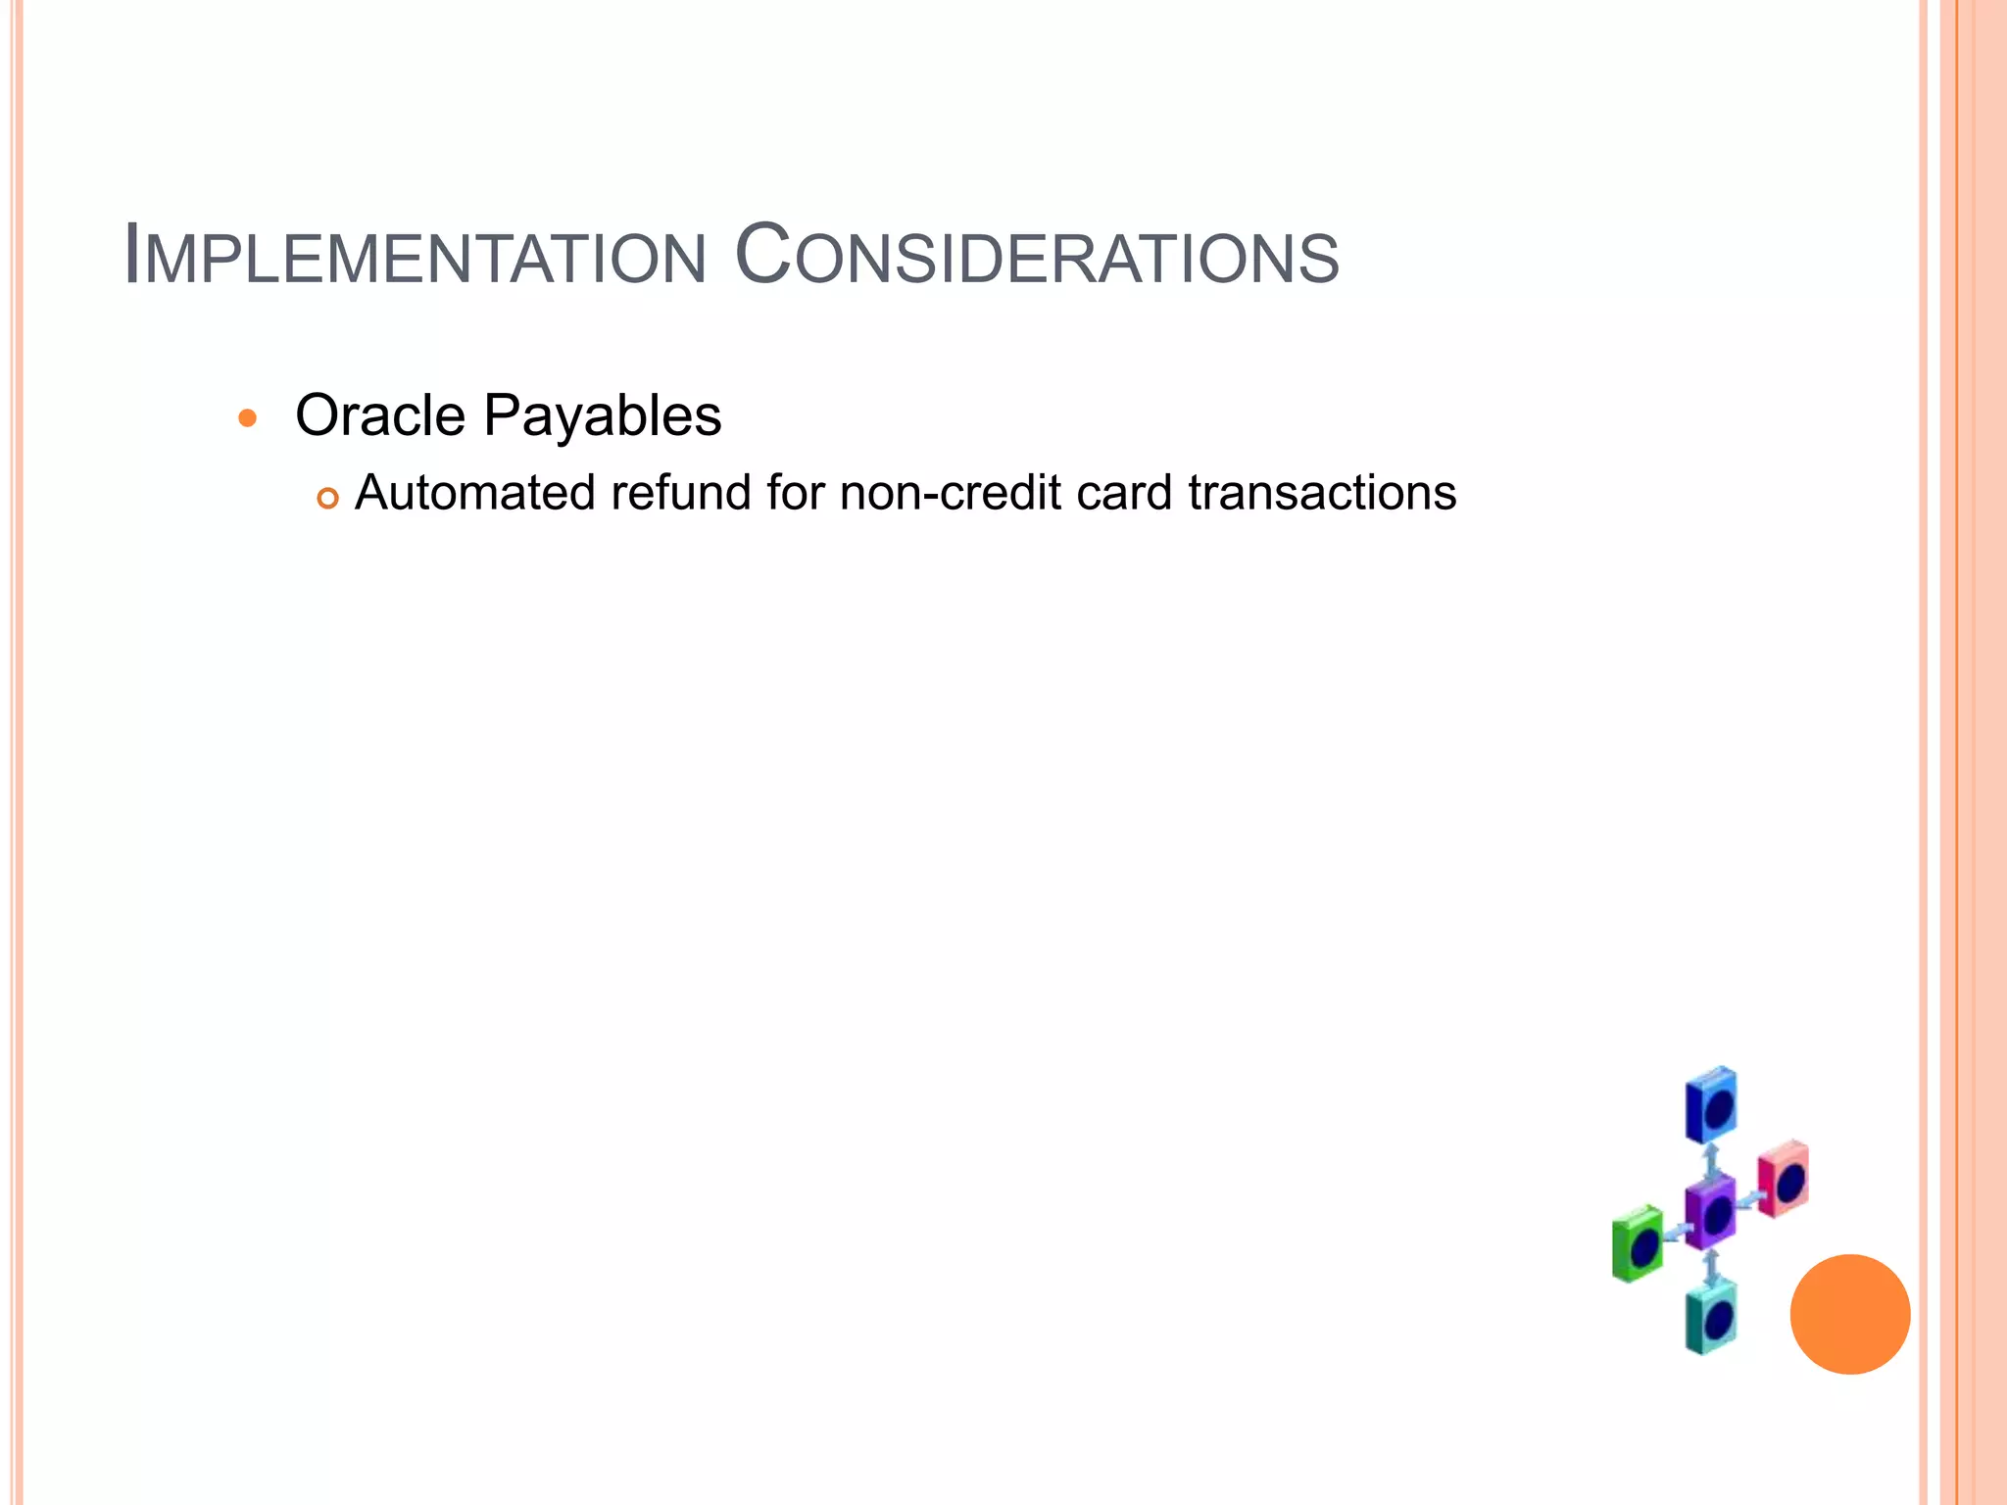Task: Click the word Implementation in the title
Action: [x=416, y=257]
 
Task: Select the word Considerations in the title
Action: [x=1036, y=257]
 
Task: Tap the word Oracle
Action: [x=380, y=415]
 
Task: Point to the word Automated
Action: [x=474, y=492]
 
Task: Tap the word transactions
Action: [x=1322, y=492]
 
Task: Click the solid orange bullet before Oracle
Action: [x=248, y=418]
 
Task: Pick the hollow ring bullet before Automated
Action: [x=327, y=498]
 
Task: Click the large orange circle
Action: [x=1849, y=1314]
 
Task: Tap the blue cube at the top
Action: [x=1711, y=1105]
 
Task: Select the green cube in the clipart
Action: [x=1638, y=1244]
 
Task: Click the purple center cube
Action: [x=1710, y=1213]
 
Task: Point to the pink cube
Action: [x=1783, y=1179]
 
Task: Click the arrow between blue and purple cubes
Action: [x=1711, y=1162]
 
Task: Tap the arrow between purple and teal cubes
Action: [x=1711, y=1267]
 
